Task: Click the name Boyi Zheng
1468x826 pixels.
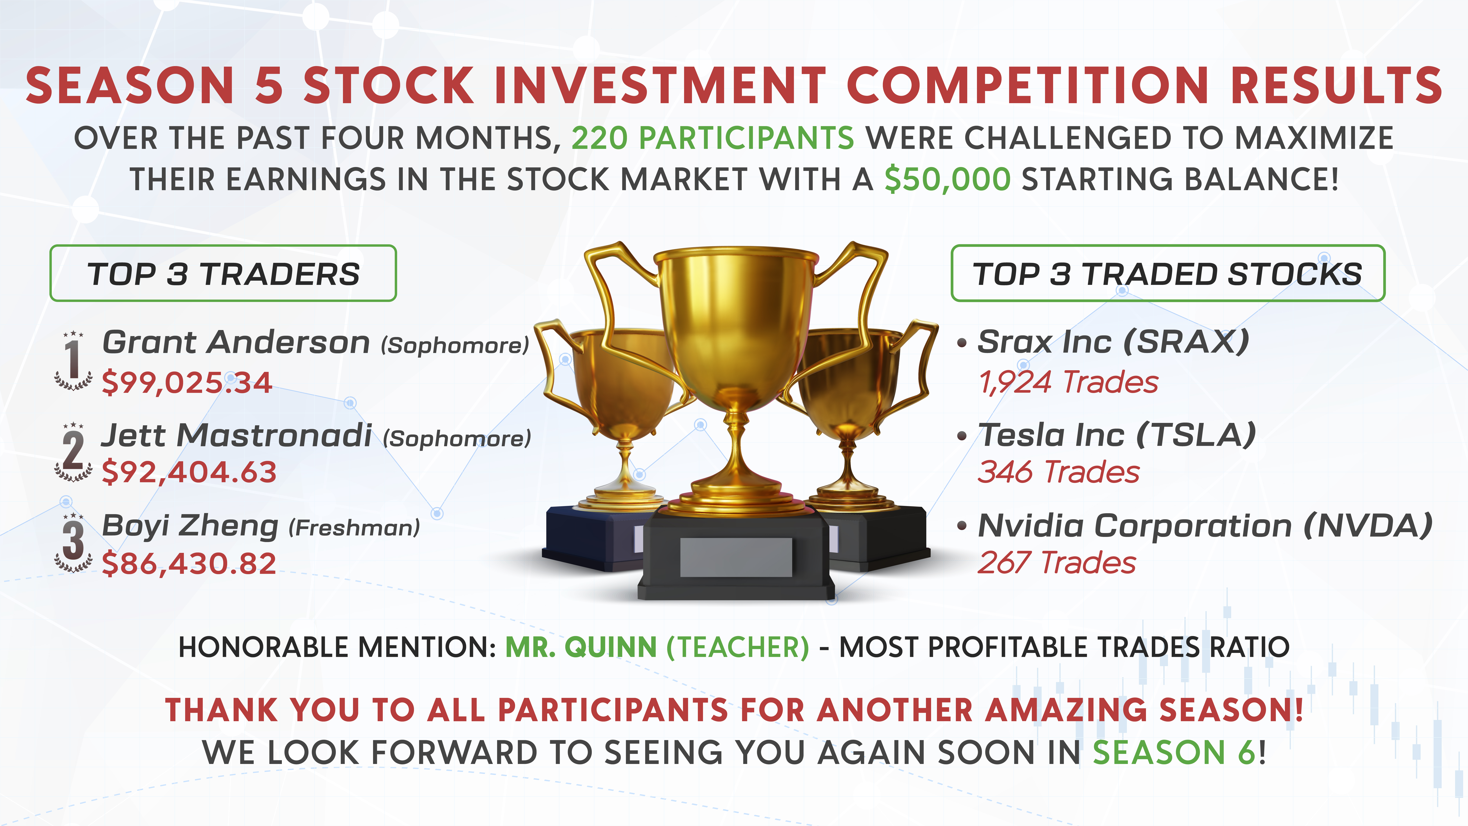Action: click(190, 526)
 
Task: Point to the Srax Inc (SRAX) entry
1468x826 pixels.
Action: click(1113, 342)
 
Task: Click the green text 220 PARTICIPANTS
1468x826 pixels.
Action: click(712, 139)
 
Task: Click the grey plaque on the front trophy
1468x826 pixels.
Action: click(736, 557)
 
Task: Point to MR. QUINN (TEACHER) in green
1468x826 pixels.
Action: click(657, 647)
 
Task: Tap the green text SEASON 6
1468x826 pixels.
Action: click(1174, 752)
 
